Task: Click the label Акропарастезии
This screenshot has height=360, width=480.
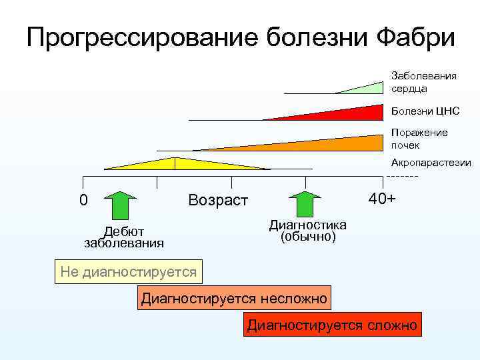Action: coord(431,163)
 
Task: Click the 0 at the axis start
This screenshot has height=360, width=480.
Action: coord(83,200)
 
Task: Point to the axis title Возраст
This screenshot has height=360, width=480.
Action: coord(218,200)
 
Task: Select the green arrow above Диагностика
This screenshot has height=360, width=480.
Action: coord(305,204)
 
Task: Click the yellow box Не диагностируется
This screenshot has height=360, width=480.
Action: coord(128,271)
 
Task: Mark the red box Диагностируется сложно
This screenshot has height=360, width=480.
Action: coord(332,325)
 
